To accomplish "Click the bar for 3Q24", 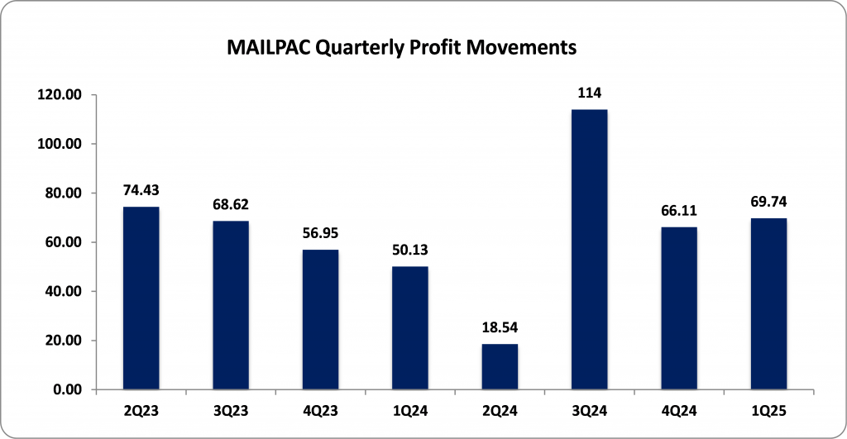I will [590, 249].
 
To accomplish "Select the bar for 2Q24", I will [500, 366].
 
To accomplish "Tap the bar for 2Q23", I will [141, 298].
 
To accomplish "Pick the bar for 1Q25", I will [769, 303].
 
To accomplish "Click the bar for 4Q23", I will [321, 319].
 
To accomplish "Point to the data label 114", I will [590, 93].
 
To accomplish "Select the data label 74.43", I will [141, 190].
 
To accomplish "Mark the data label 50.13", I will [410, 250].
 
